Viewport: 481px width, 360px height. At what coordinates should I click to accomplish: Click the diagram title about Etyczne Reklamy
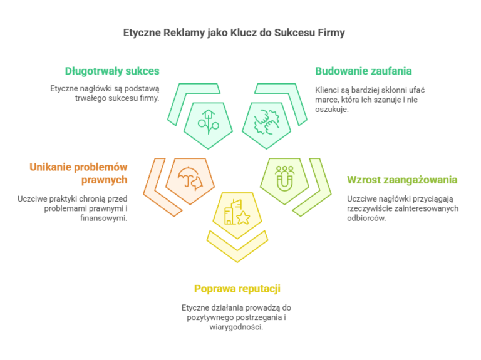click(x=234, y=33)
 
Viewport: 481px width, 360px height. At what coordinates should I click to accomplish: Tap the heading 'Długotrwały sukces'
click(x=112, y=71)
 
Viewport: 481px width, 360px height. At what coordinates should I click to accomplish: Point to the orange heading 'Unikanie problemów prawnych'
click(x=79, y=173)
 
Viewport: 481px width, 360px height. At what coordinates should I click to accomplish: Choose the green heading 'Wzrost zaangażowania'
click(x=402, y=180)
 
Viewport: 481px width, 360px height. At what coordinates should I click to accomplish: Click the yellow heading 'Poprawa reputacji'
click(x=237, y=289)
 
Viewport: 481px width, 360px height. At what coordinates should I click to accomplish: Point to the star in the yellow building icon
click(x=242, y=217)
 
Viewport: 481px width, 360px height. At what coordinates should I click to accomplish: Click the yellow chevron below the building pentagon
click(x=237, y=245)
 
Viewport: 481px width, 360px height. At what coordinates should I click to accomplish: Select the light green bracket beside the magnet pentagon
click(x=316, y=188)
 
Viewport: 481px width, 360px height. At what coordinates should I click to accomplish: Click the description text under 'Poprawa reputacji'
click(x=237, y=317)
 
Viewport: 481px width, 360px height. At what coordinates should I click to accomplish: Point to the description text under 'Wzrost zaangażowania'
click(x=403, y=208)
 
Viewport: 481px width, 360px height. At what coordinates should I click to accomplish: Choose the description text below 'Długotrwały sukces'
click(x=105, y=93)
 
